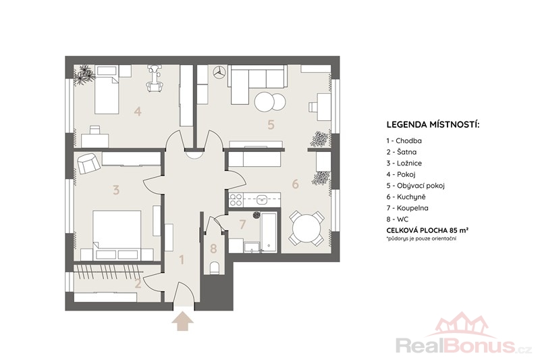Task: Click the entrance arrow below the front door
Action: pyautogui.click(x=182, y=321)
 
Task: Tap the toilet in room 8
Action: pyautogui.click(x=214, y=267)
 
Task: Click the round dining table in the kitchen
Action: pyautogui.click(x=306, y=228)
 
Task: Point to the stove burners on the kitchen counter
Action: pyautogui.click(x=236, y=200)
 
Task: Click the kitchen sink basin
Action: pyautogui.click(x=263, y=199)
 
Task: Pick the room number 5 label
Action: pyautogui.click(x=271, y=124)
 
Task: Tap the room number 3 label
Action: pyautogui.click(x=116, y=190)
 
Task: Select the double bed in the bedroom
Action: pyautogui.click(x=117, y=235)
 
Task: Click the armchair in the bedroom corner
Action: pyautogui.click(x=89, y=163)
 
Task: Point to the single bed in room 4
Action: pyautogui.click(x=107, y=90)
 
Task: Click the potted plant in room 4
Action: pyautogui.click(x=84, y=75)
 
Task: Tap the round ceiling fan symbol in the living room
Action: pyautogui.click(x=218, y=72)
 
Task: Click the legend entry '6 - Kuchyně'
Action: pyautogui.click(x=406, y=197)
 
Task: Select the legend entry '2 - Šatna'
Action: pyautogui.click(x=401, y=152)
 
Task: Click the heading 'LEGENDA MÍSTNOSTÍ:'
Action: pyautogui.click(x=433, y=125)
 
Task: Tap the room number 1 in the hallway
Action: pyautogui.click(x=182, y=260)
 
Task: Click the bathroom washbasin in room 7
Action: pyautogui.click(x=252, y=247)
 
